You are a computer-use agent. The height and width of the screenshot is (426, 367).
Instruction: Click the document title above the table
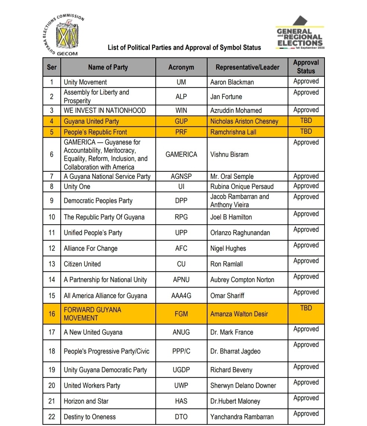184,48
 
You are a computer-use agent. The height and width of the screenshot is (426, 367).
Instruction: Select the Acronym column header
181,67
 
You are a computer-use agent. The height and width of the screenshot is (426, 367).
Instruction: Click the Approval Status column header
306,67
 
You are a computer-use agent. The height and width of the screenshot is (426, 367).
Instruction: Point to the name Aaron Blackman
232,82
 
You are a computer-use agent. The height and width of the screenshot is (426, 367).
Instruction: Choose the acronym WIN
181,110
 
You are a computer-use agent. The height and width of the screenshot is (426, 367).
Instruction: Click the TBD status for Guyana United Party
306,121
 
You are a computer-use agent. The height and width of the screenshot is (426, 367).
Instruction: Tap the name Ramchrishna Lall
233,132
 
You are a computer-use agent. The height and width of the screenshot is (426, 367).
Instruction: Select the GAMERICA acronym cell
181,154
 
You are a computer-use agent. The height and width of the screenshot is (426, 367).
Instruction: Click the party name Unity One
77,186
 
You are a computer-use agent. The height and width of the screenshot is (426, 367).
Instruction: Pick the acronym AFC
181,249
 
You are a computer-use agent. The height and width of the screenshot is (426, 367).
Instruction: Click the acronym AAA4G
181,296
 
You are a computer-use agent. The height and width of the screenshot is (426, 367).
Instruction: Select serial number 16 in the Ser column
52,314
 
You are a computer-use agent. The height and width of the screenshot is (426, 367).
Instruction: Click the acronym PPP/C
181,351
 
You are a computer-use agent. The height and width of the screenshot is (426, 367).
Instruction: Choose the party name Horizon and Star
86,401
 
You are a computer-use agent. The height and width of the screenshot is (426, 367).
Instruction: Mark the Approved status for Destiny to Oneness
306,414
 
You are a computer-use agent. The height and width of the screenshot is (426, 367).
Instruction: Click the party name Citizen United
82,264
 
